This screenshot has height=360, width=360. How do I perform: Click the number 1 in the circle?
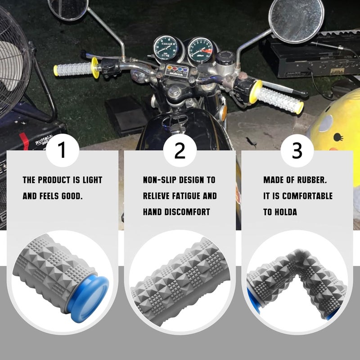click(62, 151)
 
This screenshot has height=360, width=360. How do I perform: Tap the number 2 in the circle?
click(180, 151)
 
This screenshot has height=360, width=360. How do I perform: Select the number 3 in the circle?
click(297, 151)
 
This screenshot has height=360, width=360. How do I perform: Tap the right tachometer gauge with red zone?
click(200, 49)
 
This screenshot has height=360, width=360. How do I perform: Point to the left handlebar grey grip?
click(72, 69)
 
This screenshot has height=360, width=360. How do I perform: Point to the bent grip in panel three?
click(297, 283)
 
